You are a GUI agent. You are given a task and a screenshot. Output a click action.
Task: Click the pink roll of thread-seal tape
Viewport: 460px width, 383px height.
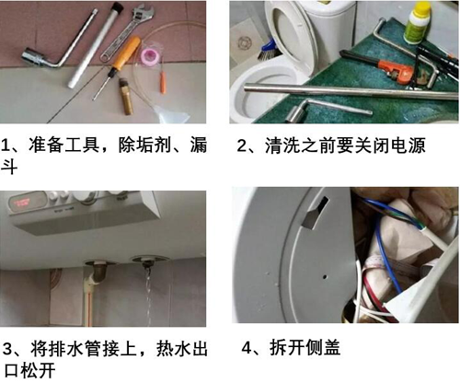[148, 56]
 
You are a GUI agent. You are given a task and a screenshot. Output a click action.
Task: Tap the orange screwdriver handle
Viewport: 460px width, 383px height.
[127, 52]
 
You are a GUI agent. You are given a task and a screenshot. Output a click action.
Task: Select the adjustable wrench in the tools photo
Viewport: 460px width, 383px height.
[126, 31]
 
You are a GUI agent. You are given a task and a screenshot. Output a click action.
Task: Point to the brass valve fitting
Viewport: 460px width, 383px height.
[125, 97]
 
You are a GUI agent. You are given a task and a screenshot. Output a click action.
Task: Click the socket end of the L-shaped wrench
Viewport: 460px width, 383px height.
[31, 56]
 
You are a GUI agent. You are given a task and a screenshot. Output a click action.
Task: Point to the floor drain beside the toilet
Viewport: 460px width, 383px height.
[244, 43]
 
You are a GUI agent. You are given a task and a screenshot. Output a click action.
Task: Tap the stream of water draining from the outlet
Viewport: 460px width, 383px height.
[148, 296]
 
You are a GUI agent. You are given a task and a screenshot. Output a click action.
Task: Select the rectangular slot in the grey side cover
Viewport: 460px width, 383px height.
[315, 213]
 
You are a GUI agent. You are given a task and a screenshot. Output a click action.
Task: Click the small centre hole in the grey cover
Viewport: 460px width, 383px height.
[325, 276]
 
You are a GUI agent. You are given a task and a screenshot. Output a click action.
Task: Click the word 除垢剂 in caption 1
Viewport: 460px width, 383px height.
[145, 145]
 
